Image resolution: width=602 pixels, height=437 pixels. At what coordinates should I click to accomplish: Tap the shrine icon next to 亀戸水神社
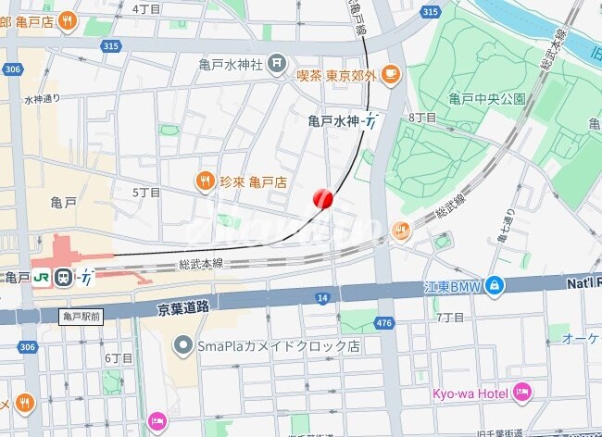[277, 64]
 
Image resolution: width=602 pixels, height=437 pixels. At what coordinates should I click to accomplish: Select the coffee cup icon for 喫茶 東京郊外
[391, 73]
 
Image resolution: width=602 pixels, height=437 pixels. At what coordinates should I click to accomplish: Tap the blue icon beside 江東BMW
[495, 285]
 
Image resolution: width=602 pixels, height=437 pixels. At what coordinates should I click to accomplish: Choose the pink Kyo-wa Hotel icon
[521, 393]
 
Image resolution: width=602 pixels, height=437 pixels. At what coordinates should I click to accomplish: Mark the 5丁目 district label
[146, 193]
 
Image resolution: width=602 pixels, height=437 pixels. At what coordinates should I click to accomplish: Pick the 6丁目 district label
[119, 357]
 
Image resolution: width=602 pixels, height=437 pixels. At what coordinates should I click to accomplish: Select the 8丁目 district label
[422, 118]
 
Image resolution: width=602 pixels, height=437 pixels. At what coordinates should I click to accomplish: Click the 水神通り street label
[42, 98]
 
